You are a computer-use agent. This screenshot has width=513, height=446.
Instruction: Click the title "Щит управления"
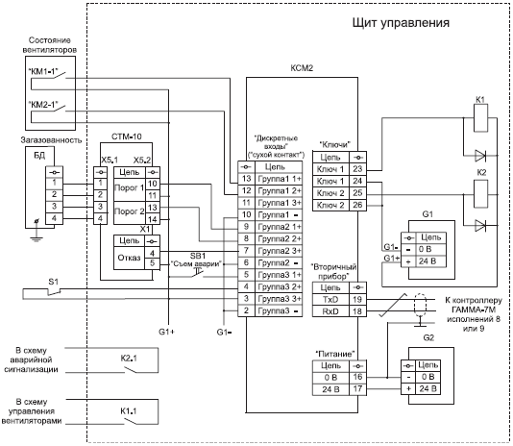click(401, 23)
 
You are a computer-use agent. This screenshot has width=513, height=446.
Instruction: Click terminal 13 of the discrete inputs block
click(246, 179)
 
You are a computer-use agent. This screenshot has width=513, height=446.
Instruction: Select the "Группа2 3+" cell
click(280, 251)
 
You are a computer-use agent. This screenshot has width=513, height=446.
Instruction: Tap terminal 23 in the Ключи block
click(357, 169)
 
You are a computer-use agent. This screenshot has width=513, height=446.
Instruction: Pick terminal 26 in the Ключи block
click(357, 205)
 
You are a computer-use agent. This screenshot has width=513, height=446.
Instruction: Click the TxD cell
click(330, 300)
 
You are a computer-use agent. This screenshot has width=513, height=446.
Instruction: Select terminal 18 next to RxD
click(357, 311)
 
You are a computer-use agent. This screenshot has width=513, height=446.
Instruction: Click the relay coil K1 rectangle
click(480, 118)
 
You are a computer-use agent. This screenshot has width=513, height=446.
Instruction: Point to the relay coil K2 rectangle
click(481, 193)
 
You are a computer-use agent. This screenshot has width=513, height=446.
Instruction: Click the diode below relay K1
click(480, 156)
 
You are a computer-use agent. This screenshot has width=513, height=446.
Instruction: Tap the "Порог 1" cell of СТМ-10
click(129, 188)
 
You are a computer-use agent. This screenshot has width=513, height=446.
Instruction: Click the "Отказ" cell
click(129, 258)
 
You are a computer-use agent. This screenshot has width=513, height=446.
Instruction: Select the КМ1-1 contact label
click(42, 71)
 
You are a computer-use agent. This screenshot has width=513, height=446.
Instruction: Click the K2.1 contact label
click(129, 359)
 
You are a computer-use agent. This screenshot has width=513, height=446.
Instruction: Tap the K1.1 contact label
click(129, 411)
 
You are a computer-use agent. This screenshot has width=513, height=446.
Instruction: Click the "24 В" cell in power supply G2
click(427, 389)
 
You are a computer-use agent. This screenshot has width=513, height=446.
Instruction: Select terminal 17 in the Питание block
click(357, 389)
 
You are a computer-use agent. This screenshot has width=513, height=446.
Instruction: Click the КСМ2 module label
click(302, 68)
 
